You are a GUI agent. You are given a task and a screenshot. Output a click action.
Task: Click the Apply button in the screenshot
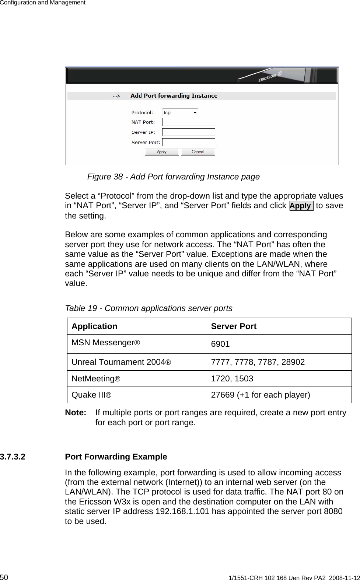pos(162,152)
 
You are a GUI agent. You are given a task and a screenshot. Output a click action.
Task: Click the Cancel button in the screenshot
pos(198,152)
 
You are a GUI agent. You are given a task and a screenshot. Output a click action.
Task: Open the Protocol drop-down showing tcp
pos(180,112)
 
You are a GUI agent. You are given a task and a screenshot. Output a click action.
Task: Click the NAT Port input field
pos(189,122)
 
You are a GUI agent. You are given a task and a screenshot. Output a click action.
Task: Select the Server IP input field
pos(189,132)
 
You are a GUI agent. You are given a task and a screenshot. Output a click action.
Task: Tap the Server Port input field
pos(189,142)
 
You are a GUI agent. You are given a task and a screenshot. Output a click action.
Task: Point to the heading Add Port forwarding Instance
pos(174,96)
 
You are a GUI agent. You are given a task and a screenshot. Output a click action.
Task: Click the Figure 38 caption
pos(173,177)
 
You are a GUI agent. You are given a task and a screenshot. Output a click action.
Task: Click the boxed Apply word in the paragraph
pos(301,206)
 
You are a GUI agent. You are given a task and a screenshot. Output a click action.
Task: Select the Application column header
pos(94,326)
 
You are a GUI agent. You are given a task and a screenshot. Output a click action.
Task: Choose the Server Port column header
pos(234,326)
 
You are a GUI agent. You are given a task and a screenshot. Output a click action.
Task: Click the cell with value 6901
pos(220,344)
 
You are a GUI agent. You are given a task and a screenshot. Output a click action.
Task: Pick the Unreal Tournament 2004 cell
pos(121,362)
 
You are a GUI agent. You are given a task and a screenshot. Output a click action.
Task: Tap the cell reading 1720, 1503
pos(232,379)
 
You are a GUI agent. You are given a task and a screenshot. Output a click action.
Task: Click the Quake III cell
pos(92,395)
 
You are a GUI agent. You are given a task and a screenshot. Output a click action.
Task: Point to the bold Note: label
pos(76,413)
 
